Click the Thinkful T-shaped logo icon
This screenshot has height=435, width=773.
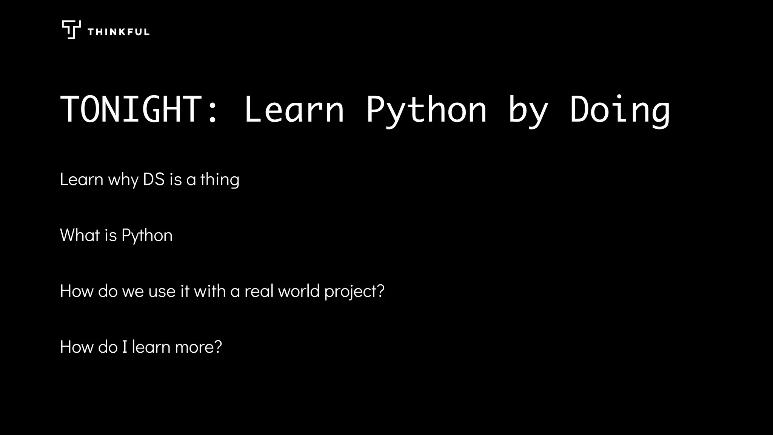click(x=71, y=30)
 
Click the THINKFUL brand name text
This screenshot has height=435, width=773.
click(x=119, y=32)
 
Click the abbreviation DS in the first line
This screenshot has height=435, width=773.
click(x=154, y=179)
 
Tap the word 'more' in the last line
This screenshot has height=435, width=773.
click(x=194, y=347)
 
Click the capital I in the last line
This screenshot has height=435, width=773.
click(x=125, y=347)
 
